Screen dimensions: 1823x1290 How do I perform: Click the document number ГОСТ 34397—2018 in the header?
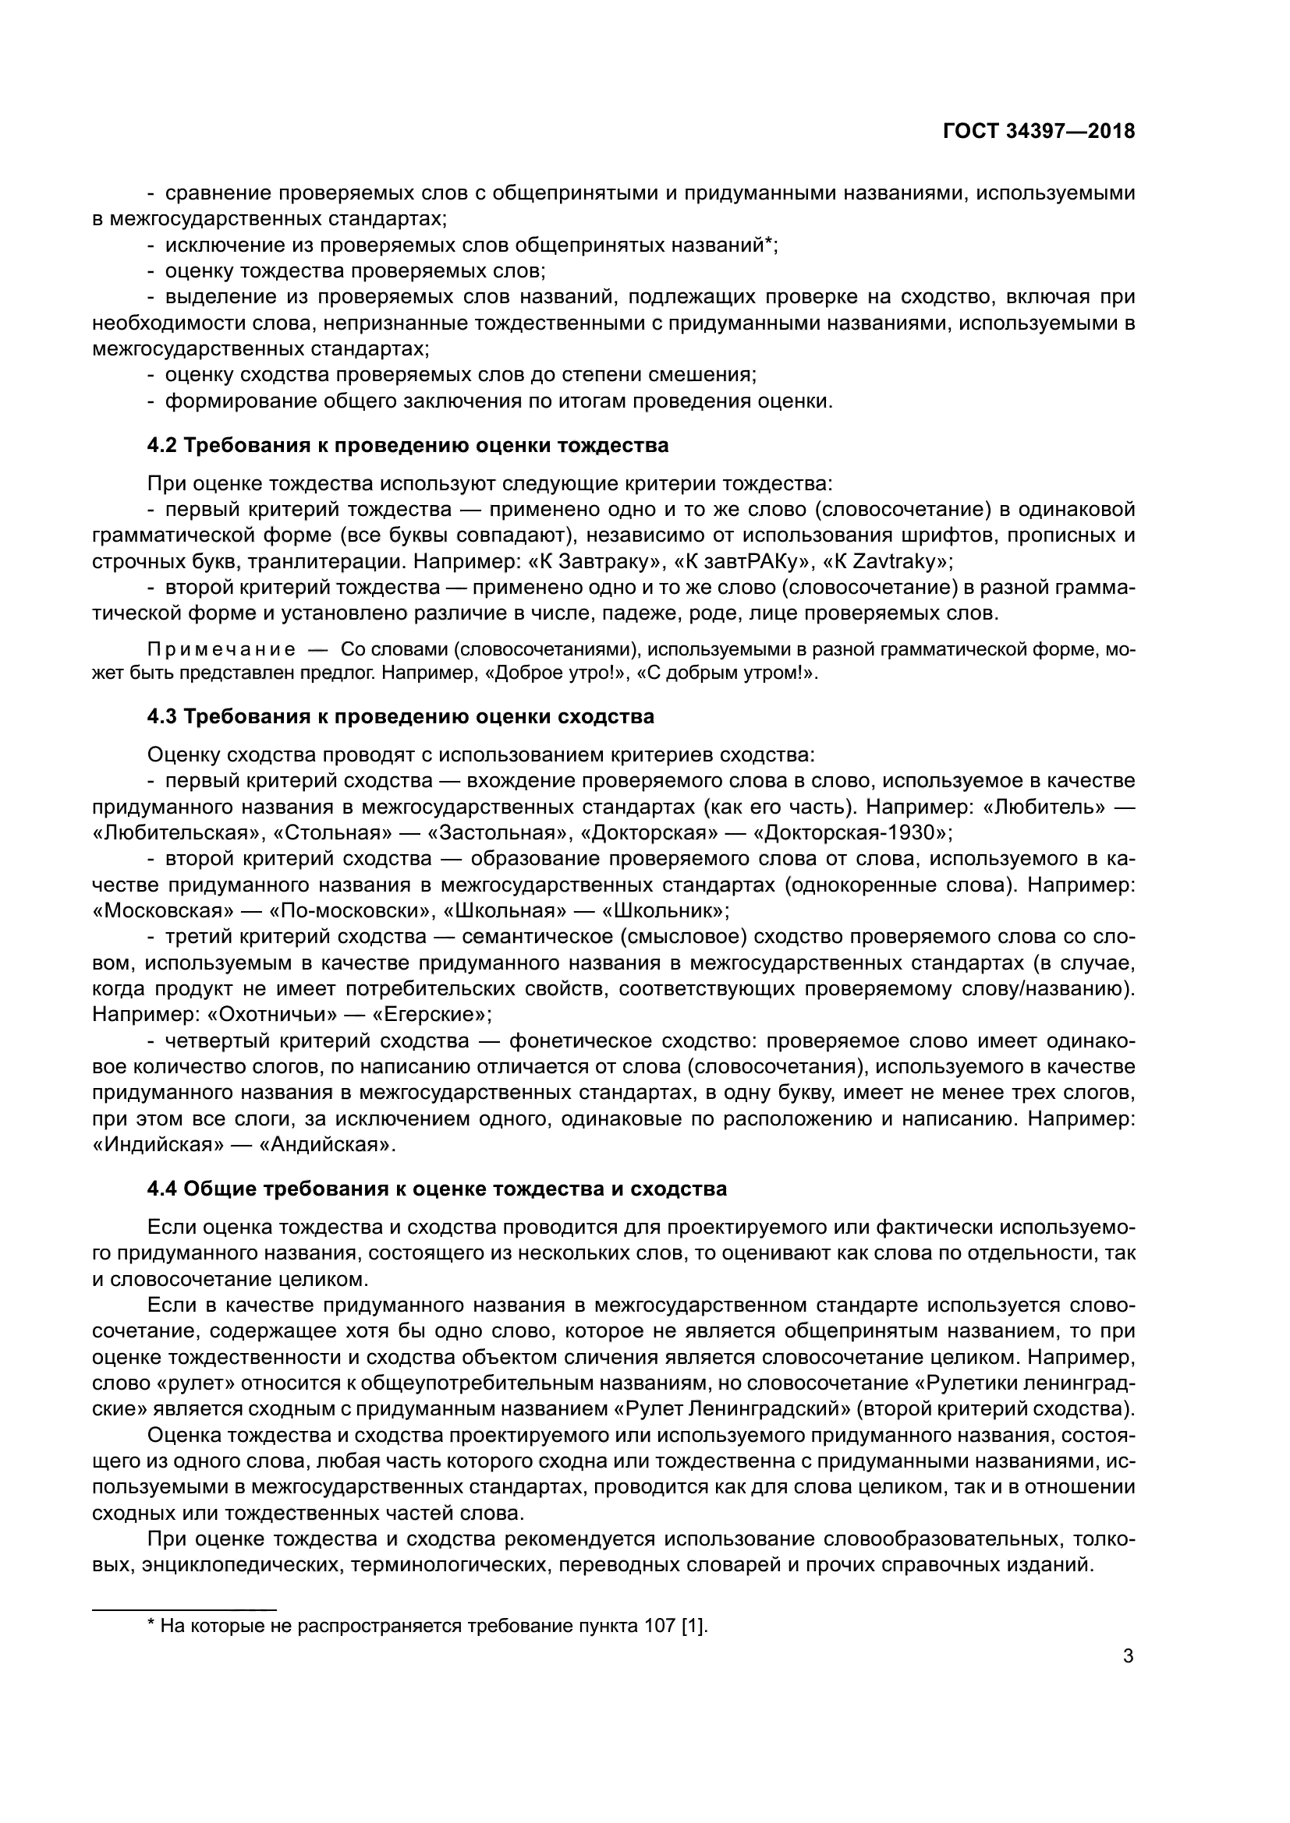[1038, 132]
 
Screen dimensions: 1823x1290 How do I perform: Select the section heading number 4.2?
[163, 446]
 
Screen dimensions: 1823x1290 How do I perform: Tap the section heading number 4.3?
[163, 717]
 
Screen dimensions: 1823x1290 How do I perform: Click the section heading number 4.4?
[163, 1189]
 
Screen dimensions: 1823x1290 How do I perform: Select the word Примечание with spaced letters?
[221, 650]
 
